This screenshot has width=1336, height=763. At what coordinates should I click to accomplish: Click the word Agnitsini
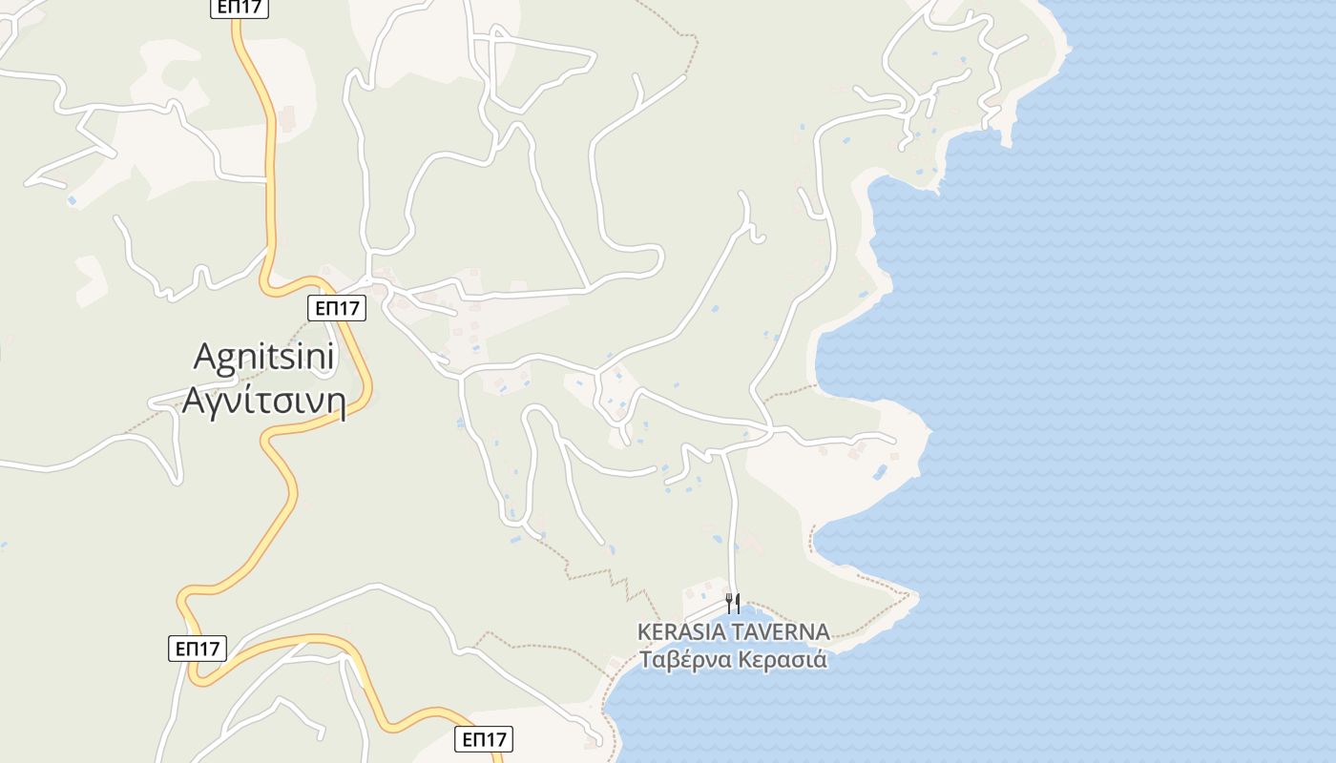tap(264, 358)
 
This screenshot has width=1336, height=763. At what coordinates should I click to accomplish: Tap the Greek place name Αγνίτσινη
tap(262, 399)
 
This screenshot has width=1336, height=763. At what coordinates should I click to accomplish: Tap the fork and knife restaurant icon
tap(733, 603)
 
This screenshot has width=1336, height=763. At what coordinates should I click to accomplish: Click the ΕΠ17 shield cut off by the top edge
tap(239, 8)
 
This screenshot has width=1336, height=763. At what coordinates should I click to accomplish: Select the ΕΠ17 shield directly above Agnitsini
tap(337, 308)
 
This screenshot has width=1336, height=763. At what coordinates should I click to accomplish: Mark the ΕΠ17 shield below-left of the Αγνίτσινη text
tap(198, 650)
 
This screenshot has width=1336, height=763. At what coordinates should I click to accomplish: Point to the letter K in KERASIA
tap(644, 632)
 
